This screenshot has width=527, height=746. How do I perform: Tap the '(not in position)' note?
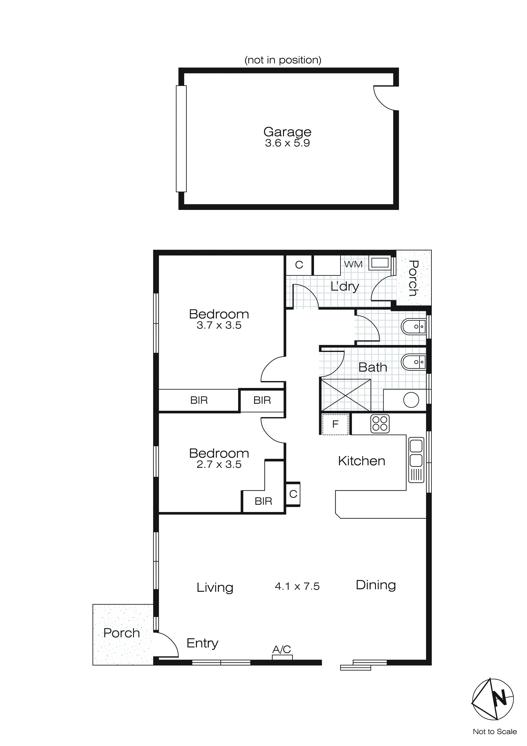click(283, 60)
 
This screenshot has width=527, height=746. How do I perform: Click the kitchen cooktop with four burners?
click(380, 424)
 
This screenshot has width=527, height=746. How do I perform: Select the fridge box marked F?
click(335, 424)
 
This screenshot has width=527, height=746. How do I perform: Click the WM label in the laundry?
click(353, 264)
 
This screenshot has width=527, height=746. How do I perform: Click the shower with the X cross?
click(346, 395)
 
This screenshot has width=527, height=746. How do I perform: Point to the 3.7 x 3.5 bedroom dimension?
click(219, 325)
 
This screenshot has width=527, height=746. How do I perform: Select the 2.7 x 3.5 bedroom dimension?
click(219, 464)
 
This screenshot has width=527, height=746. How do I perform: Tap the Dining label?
click(376, 585)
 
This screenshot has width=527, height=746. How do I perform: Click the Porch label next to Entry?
click(121, 633)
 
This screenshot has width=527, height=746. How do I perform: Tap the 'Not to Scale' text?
click(494, 732)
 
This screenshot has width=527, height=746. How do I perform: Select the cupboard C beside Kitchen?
click(293, 494)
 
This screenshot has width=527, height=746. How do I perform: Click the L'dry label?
click(345, 287)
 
